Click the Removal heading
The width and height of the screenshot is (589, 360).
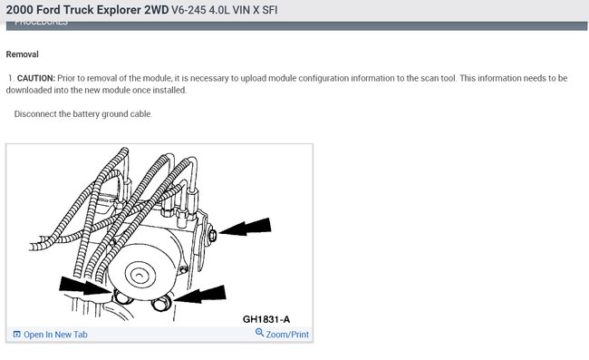[22, 54]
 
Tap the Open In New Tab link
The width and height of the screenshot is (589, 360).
[55, 335]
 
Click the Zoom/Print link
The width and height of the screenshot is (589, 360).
[287, 335]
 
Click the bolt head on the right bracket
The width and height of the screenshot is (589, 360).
[209, 236]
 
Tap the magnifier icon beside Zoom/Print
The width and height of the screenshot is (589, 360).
[260, 334]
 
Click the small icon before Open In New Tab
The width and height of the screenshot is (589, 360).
[17, 335]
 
